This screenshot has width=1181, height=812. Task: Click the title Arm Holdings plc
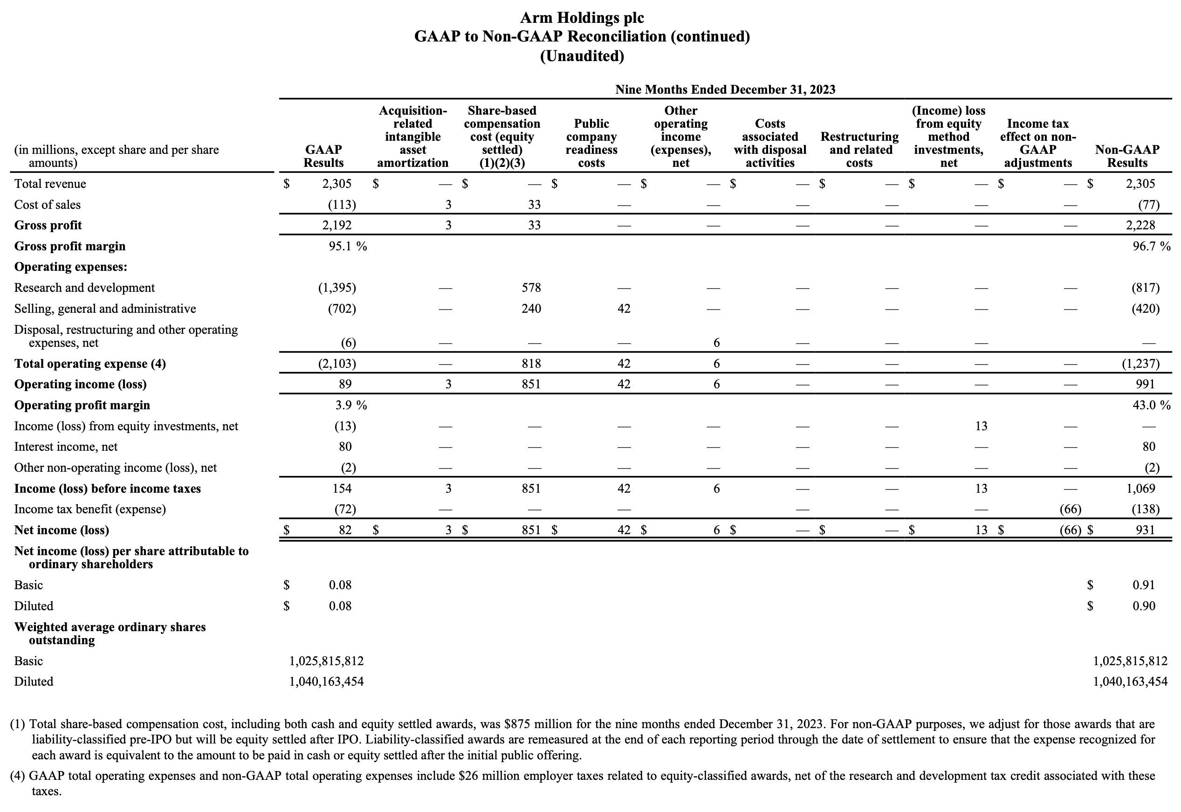click(x=582, y=18)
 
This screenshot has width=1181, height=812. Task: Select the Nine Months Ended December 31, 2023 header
click(x=725, y=89)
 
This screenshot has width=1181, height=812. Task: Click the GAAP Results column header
click(x=323, y=156)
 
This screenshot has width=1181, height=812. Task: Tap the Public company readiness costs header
click(x=591, y=143)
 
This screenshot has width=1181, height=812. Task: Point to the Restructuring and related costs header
click(x=859, y=150)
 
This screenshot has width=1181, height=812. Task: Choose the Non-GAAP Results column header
click(x=1127, y=156)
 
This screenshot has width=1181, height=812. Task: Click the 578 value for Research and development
click(x=531, y=288)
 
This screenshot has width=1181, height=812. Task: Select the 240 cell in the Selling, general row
click(x=531, y=309)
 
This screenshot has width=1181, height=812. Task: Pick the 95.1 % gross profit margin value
click(x=347, y=246)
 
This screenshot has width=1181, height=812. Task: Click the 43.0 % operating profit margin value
click(x=1151, y=406)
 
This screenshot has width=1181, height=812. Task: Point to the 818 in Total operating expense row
click(x=531, y=364)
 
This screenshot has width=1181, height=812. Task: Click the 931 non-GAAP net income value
click(x=1145, y=530)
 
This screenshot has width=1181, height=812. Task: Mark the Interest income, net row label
click(x=66, y=447)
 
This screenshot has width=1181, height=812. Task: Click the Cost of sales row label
click(x=47, y=205)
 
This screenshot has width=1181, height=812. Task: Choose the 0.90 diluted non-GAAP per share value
click(x=1143, y=606)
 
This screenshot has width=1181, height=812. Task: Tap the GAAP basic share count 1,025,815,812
click(x=327, y=661)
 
